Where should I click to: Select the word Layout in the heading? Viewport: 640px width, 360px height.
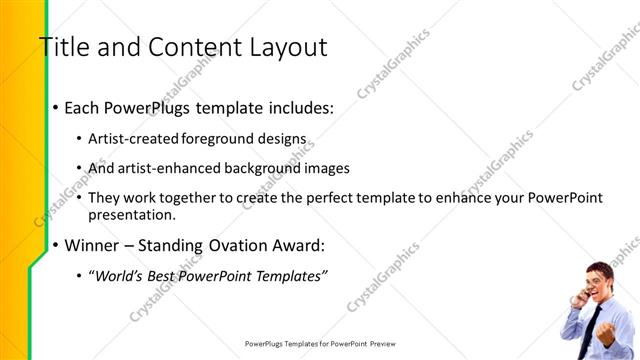click(282, 47)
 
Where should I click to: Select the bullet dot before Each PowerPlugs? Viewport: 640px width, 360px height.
click(54, 107)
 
